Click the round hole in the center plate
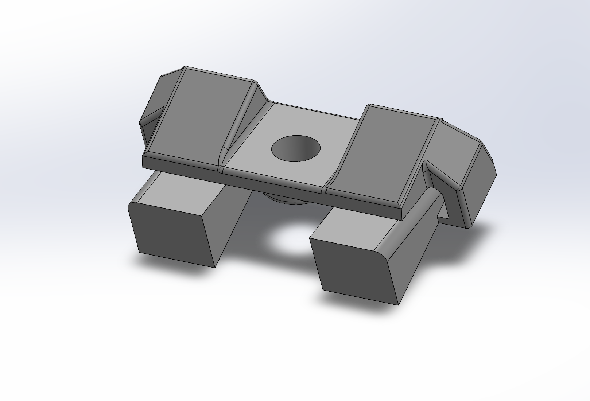296,149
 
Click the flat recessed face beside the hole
255,153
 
